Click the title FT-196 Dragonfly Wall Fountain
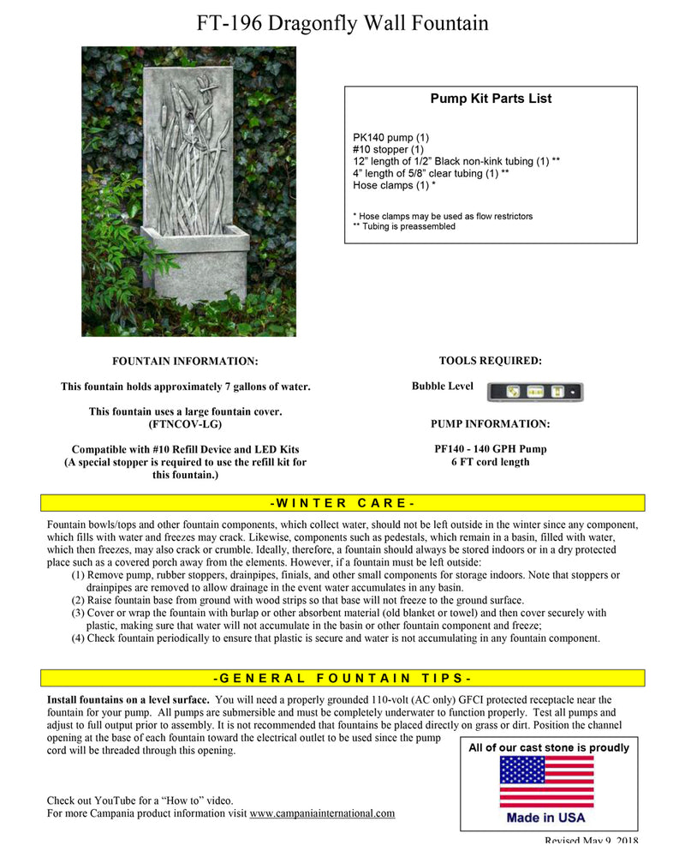pyautogui.click(x=342, y=23)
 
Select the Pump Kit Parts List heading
pyautogui.click(x=491, y=99)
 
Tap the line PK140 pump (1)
pyautogui.click(x=390, y=137)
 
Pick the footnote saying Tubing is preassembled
pyautogui.click(x=404, y=226)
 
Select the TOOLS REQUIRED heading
pyautogui.click(x=490, y=361)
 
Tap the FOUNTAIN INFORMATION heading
pyautogui.click(x=185, y=362)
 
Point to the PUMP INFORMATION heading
pyautogui.click(x=490, y=423)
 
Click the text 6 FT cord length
pyautogui.click(x=490, y=462)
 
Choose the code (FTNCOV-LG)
pyautogui.click(x=185, y=424)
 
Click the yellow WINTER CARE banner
pyautogui.click(x=342, y=503)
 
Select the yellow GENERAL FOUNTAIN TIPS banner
pyautogui.click(x=342, y=678)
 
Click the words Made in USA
pyautogui.click(x=545, y=818)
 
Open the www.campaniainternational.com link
pyautogui.click(x=322, y=813)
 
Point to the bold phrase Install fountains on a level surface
pyautogui.click(x=128, y=700)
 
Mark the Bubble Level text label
pyautogui.click(x=442, y=387)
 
